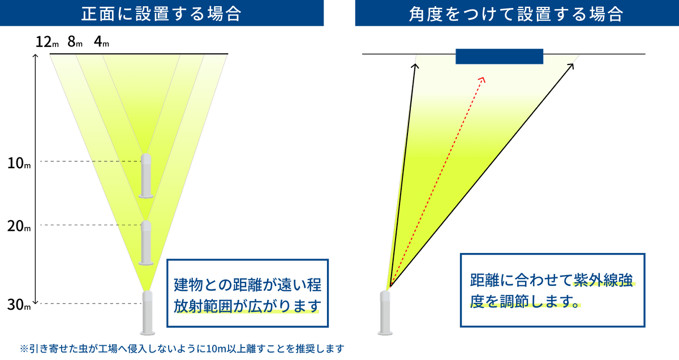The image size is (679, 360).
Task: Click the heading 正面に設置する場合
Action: pyautogui.click(x=162, y=14)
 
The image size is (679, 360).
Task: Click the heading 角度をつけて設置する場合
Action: pyautogui.click(x=516, y=14)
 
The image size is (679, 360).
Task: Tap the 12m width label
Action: pyautogui.click(x=45, y=42)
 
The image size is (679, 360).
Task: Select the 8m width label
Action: pyautogui.click(x=75, y=42)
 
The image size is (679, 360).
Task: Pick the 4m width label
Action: pyautogui.click(x=102, y=42)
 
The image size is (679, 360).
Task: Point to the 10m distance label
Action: pyautogui.click(x=19, y=164)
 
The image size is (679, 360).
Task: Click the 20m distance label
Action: pyautogui.click(x=19, y=227)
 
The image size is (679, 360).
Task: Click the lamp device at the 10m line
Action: pyautogui.click(x=147, y=175)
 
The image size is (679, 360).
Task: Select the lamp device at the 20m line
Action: pyautogui.click(x=147, y=242)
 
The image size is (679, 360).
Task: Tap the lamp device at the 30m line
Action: pyautogui.click(x=147, y=312)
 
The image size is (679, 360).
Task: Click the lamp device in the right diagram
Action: pyautogui.click(x=385, y=312)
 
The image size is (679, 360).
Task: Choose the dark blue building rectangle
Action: pyautogui.click(x=499, y=57)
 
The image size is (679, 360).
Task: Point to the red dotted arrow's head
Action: pyautogui.click(x=482, y=79)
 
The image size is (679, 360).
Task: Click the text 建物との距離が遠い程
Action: pyautogui.click(x=247, y=283)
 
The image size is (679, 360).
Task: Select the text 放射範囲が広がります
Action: pyautogui.click(x=247, y=306)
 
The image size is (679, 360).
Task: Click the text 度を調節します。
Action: pyautogui.click(x=526, y=302)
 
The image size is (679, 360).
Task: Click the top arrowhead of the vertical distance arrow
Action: pyautogui.click(x=36, y=56)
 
